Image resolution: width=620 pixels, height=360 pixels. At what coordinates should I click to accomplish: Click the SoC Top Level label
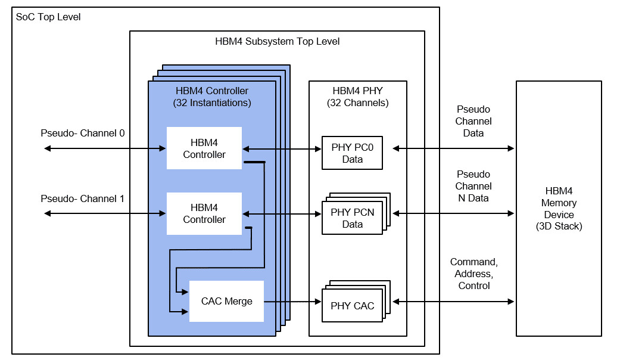[x=47, y=17]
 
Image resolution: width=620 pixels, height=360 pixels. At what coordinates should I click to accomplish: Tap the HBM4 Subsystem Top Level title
[x=277, y=41]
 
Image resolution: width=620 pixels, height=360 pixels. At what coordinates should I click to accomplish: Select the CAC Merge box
[x=226, y=301]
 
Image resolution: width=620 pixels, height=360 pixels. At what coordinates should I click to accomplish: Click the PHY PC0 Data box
[x=352, y=154]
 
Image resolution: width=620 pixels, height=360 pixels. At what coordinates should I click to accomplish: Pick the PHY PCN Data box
[x=352, y=218]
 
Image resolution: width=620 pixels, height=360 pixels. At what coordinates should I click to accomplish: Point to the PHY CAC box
[x=352, y=306]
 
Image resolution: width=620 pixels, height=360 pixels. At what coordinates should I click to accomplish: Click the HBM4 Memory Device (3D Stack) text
[x=559, y=209]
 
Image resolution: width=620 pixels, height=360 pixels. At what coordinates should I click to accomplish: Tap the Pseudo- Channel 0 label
[x=82, y=133]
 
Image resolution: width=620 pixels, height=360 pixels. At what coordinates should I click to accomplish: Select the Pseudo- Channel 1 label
[x=82, y=198]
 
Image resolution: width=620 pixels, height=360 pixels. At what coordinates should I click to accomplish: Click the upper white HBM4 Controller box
[x=204, y=148]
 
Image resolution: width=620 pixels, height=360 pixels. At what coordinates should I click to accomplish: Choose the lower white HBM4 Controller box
[x=204, y=213]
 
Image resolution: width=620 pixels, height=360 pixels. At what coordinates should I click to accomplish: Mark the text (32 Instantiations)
[x=212, y=103]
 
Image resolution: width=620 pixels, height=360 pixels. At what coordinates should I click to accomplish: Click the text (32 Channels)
[x=357, y=103]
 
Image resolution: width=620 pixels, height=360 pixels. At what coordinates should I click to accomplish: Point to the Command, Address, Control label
[x=473, y=274]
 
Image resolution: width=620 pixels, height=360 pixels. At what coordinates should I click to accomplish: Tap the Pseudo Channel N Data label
[x=473, y=186]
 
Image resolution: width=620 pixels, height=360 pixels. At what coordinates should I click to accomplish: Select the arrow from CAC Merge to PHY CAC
[x=292, y=302]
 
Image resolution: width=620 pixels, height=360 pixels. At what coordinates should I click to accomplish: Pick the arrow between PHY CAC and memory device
[x=453, y=302]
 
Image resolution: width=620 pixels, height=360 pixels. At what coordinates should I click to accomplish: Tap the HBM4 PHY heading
[x=357, y=91]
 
